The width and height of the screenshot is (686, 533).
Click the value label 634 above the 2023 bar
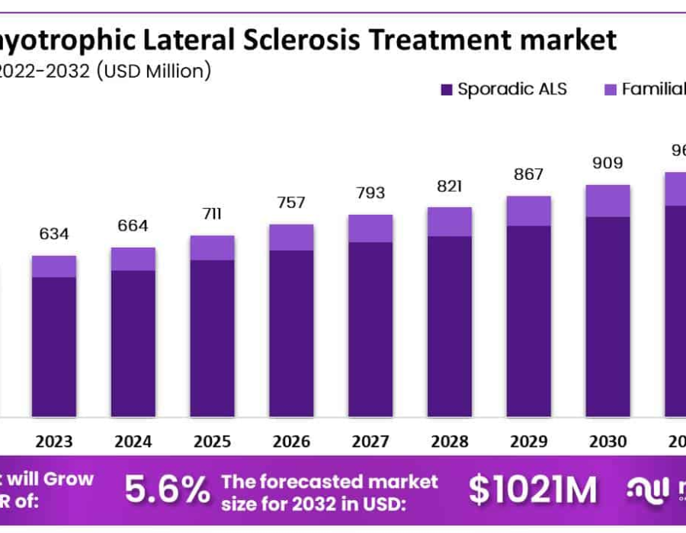[x=53, y=234]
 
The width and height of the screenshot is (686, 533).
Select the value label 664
[x=133, y=226]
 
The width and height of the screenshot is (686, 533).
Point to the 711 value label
[x=212, y=213]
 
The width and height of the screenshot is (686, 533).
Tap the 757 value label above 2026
[x=291, y=203]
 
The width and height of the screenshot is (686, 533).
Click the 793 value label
[x=370, y=193]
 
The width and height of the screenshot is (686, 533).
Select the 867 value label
[x=529, y=174]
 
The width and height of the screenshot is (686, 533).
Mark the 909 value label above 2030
[x=607, y=163]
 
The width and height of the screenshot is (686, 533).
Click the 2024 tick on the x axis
[x=133, y=442]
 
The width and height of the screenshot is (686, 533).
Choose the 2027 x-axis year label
[x=370, y=442]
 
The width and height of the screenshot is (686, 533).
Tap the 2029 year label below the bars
[x=529, y=442]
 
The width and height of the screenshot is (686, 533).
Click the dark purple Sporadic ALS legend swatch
[x=447, y=90]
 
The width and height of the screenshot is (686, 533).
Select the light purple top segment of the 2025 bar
[x=212, y=248]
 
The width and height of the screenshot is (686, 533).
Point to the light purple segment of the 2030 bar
[x=607, y=201]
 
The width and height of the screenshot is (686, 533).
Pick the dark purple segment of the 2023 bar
[x=53, y=346]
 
